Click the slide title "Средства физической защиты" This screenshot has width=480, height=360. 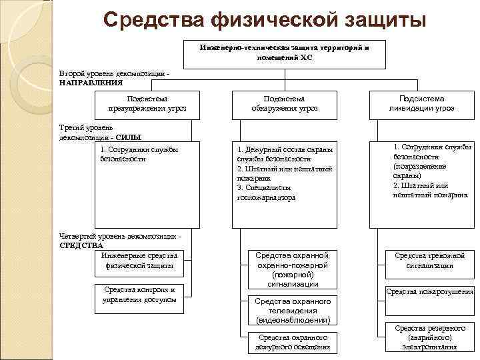click(x=265, y=19)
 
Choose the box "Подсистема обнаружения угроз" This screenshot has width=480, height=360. click(x=285, y=103)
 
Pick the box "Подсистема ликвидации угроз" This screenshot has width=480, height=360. click(x=421, y=103)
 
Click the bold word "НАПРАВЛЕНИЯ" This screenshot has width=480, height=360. click(x=91, y=83)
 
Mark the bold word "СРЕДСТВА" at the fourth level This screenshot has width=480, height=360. click(x=81, y=245)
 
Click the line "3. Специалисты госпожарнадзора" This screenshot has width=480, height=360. click(x=266, y=193)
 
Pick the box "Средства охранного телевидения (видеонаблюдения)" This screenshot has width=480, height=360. click(x=293, y=311)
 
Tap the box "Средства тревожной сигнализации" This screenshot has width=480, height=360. click(x=429, y=260)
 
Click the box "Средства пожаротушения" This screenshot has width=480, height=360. click(x=430, y=292)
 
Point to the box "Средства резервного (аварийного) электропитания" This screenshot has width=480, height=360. click(x=429, y=337)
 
